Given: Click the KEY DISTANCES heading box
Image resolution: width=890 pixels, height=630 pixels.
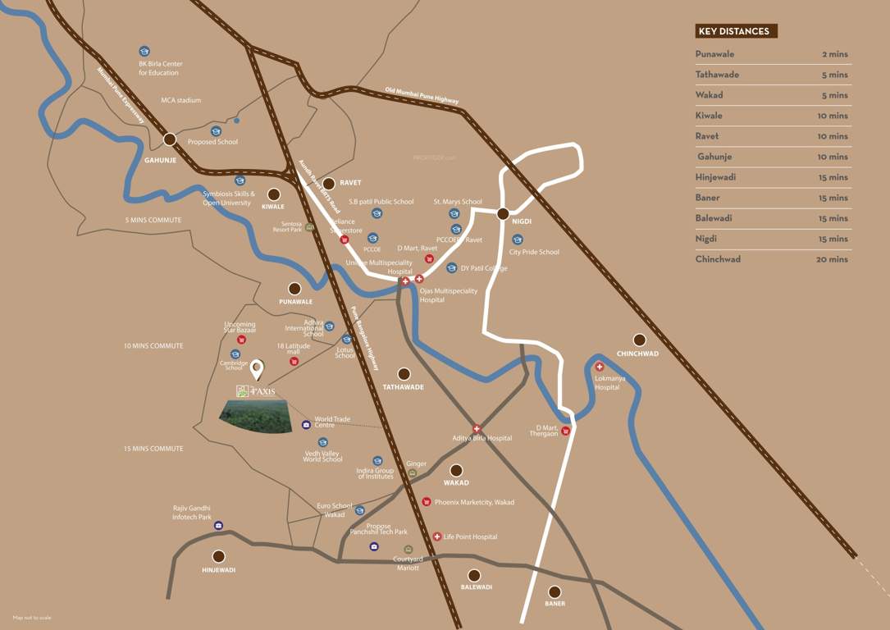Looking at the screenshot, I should [736, 31].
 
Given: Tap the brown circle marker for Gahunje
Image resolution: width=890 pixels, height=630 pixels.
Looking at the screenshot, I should [170, 139].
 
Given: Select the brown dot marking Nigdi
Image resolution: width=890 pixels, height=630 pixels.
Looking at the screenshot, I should [503, 214].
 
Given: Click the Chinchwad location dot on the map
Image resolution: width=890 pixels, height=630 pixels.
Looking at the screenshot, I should [639, 340].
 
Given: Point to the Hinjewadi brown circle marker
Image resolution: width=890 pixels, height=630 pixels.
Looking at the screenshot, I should [218, 556].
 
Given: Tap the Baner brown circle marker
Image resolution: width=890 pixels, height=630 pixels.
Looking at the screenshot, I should [555, 591].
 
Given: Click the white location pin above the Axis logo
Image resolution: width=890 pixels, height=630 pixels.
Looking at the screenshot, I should [258, 370].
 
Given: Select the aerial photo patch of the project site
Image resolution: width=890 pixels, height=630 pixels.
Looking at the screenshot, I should [256, 416].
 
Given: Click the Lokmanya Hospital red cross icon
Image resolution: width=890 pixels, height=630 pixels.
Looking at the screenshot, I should [600, 367].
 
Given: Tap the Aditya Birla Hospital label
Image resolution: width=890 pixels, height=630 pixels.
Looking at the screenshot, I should [482, 438].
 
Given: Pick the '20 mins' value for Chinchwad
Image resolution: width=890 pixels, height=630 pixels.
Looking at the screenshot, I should [833, 259].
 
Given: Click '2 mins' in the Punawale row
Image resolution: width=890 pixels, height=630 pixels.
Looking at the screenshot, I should [835, 54].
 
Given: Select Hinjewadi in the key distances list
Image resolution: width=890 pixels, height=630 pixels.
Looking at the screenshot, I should [714, 177].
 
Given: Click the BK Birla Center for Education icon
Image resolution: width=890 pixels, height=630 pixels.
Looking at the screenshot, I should [144, 51].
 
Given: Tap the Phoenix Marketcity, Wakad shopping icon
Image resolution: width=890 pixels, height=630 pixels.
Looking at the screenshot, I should [427, 501].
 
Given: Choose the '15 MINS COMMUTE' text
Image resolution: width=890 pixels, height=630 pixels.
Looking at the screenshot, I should [153, 449].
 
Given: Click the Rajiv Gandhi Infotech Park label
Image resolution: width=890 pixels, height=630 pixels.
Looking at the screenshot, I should [191, 513].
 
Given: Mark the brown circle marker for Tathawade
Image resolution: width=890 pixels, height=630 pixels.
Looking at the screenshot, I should [404, 373].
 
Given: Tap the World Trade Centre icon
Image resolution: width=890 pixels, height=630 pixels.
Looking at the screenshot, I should [306, 424].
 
